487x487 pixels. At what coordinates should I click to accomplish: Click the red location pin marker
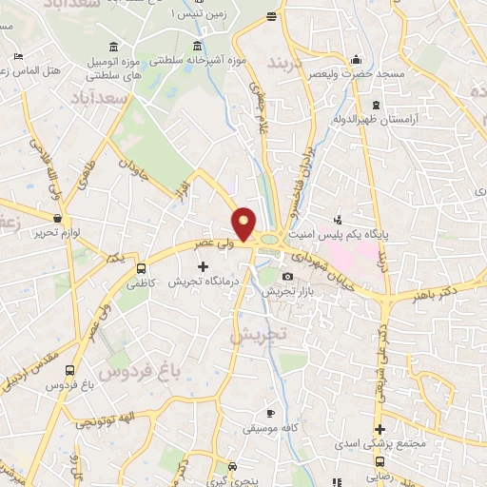click(244, 224)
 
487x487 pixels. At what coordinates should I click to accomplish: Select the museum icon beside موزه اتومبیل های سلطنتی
click(114, 48)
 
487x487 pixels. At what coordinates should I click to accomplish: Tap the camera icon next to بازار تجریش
click(288, 277)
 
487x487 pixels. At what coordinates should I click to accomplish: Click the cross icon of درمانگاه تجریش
click(202, 265)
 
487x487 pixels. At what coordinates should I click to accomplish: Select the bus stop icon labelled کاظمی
click(142, 268)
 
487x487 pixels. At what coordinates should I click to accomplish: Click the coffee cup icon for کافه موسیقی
click(269, 413)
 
